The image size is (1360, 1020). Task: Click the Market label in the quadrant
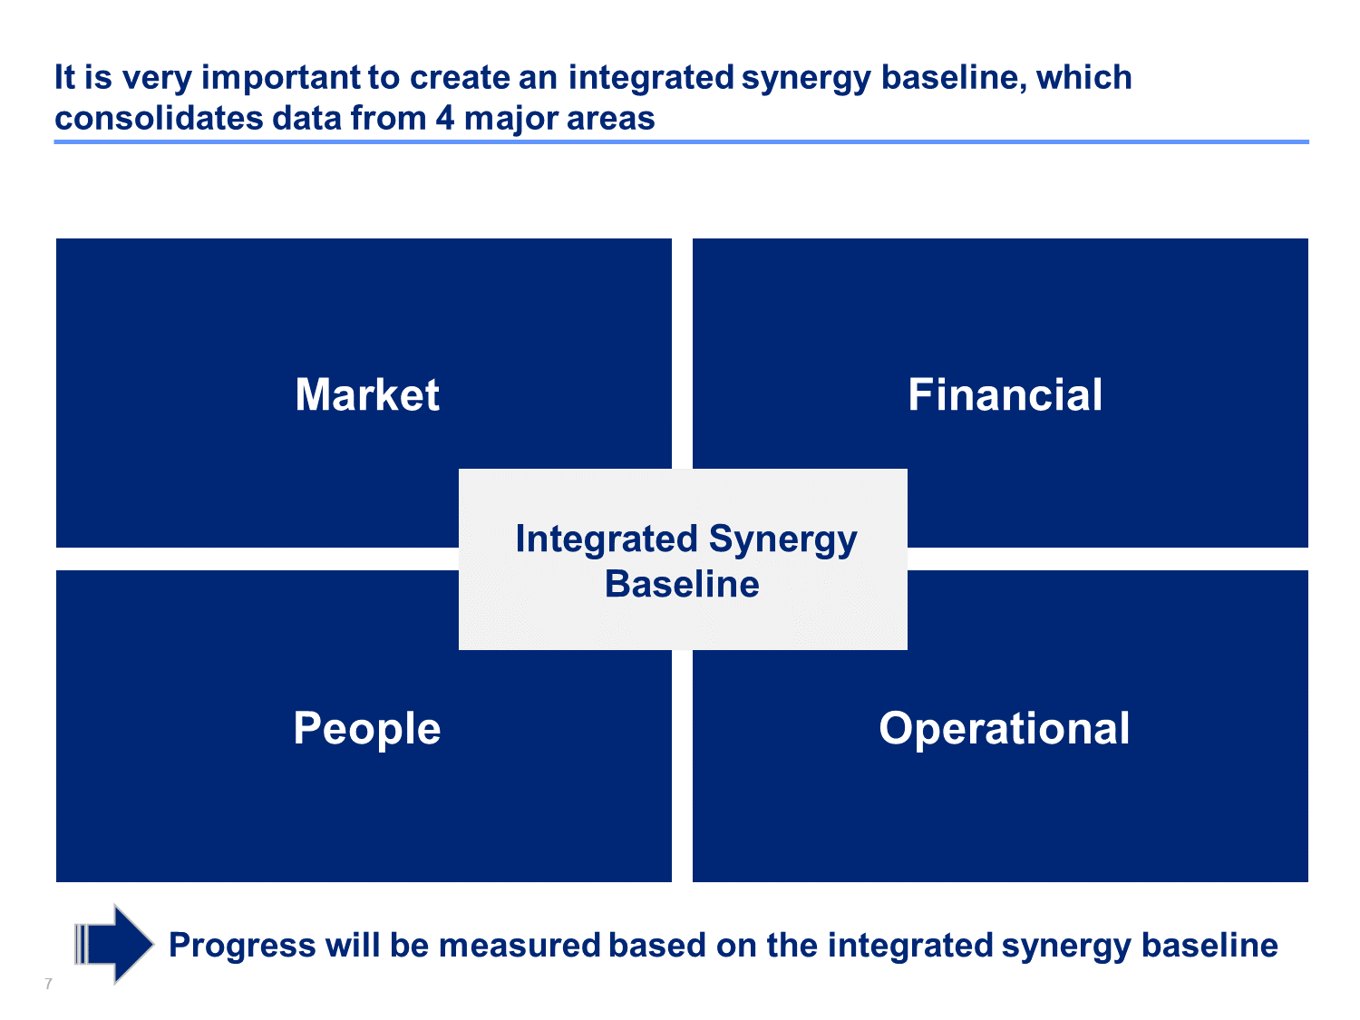(367, 394)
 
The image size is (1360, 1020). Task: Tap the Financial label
(1005, 394)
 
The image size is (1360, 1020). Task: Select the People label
(367, 729)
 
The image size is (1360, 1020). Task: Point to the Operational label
(1005, 729)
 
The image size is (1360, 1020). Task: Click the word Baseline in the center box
(682, 584)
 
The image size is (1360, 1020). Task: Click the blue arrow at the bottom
(113, 945)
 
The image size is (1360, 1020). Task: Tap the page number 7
(48, 984)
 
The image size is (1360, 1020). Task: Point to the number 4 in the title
(445, 118)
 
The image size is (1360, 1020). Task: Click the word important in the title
(281, 79)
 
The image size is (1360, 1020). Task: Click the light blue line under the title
(681, 141)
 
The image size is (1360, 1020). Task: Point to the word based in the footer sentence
(656, 946)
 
